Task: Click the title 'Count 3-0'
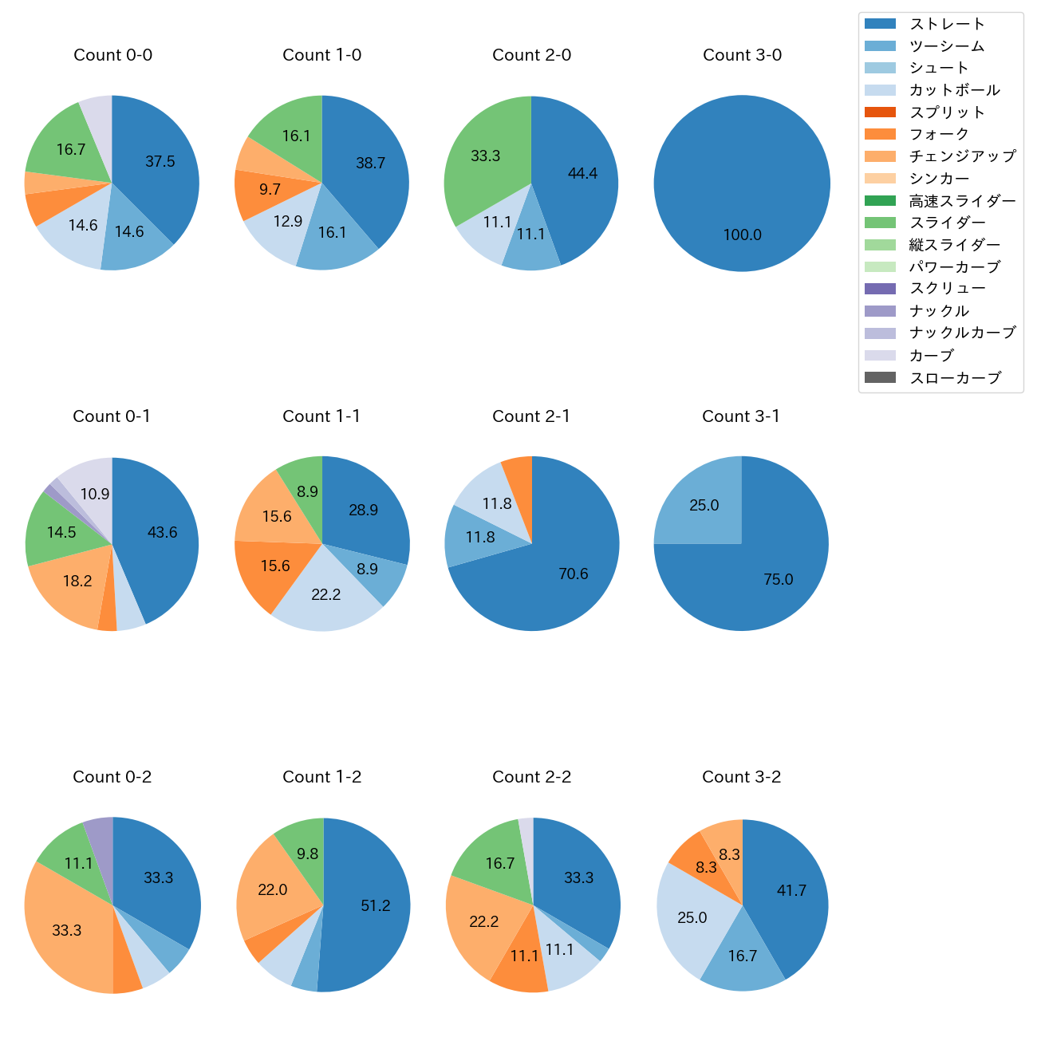(742, 55)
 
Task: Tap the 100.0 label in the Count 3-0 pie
(743, 235)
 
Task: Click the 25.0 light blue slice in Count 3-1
(704, 505)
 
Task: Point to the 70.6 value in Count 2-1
(574, 574)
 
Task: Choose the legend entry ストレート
(947, 24)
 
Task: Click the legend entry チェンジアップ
(962, 156)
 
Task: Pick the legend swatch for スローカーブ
(880, 377)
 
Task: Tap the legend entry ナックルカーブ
(962, 333)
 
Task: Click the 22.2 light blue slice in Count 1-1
(326, 594)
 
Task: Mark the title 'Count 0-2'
(112, 777)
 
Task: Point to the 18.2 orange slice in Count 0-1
(77, 581)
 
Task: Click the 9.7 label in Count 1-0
(270, 190)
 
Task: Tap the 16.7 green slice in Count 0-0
(71, 149)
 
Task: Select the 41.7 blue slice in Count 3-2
(792, 890)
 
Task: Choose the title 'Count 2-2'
(532, 777)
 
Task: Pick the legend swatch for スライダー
(880, 223)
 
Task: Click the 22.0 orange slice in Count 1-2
(273, 889)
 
